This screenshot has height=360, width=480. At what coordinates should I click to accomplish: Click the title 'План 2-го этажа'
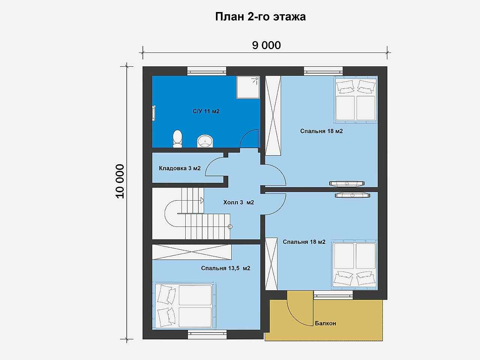[261, 17]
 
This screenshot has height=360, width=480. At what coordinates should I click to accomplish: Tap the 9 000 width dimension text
[266, 45]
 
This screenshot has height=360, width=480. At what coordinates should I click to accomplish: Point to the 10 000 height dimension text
[120, 181]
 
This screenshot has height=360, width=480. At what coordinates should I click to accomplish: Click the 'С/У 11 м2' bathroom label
[206, 111]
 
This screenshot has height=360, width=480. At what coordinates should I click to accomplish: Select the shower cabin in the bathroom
[248, 87]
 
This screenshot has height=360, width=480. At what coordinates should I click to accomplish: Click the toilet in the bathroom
[177, 139]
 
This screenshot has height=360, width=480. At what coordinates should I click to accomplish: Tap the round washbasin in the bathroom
[205, 141]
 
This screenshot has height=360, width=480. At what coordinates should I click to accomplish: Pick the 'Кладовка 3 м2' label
[180, 168]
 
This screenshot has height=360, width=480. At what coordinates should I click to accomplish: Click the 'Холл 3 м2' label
[238, 202]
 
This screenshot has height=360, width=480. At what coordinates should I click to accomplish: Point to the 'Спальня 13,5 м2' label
[225, 268]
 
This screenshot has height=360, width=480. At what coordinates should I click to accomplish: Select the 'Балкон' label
[325, 323]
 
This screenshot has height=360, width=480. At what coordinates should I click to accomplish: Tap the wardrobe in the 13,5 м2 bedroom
[192, 252]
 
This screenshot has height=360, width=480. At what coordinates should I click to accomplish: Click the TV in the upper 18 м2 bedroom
[347, 184]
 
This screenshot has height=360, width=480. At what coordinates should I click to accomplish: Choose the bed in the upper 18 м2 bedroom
[355, 100]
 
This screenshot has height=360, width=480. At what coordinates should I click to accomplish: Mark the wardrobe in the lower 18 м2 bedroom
[271, 264]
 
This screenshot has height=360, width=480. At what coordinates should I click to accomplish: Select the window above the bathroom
[207, 71]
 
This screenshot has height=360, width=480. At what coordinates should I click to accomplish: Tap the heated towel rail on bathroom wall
[154, 113]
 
